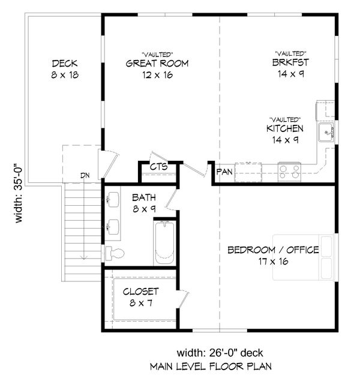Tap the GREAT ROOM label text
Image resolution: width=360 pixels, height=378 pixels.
coord(158,64)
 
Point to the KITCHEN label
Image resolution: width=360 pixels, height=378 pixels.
coord(285,128)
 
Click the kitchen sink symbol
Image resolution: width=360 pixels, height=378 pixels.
coord(328,132)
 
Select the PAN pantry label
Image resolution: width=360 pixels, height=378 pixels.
coord(225,172)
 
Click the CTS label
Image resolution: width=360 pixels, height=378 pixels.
coord(158,167)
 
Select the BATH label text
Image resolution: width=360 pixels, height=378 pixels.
coord(144,197)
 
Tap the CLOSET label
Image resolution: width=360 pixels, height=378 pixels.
coord(140,292)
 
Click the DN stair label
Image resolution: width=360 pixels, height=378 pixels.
coord(86,176)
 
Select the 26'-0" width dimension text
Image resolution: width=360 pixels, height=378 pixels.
coord(220,352)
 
